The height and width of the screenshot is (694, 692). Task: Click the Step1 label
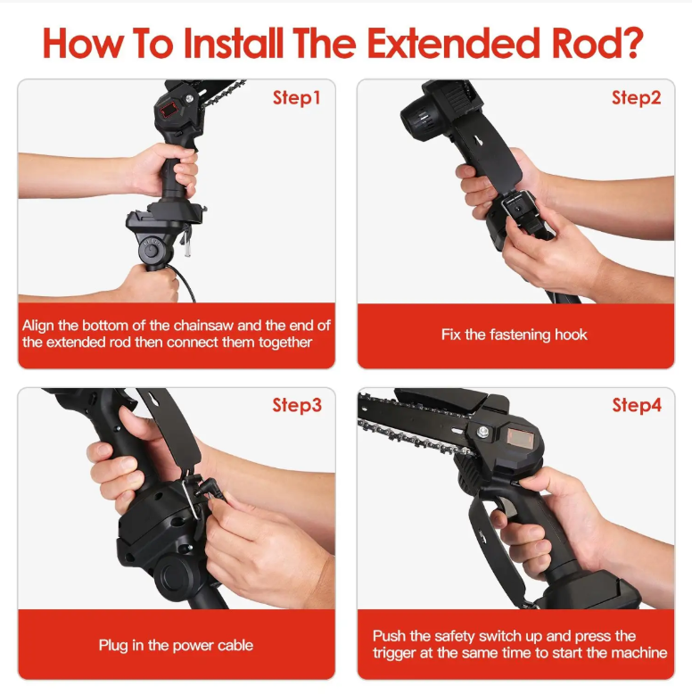[x=296, y=98]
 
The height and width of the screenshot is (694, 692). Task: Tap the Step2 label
[x=636, y=98]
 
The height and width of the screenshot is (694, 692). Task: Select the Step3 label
[x=297, y=405]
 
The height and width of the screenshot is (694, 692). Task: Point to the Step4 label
[x=637, y=405]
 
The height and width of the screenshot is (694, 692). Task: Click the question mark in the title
[x=633, y=43]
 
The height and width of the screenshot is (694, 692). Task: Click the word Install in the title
[x=233, y=43]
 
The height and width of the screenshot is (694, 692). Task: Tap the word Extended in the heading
[x=454, y=43]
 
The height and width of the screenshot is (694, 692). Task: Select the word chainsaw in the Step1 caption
[x=203, y=326]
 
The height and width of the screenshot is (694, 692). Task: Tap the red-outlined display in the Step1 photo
[x=169, y=110]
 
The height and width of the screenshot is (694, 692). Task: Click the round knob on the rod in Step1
[x=151, y=251]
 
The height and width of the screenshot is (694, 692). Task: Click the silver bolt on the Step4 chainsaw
[x=483, y=431]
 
